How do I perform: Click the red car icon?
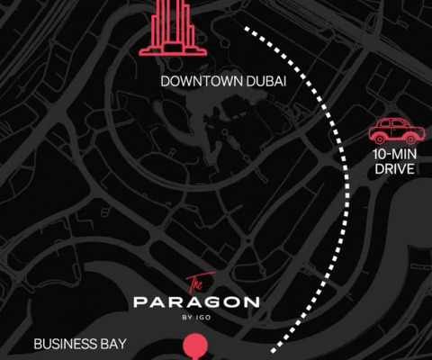(x=391, y=130)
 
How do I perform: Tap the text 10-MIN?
(x=392, y=155)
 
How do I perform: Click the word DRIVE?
(x=393, y=169)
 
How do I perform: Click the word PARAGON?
(x=196, y=302)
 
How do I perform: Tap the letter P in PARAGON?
(x=139, y=302)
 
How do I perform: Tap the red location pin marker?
(x=193, y=347)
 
